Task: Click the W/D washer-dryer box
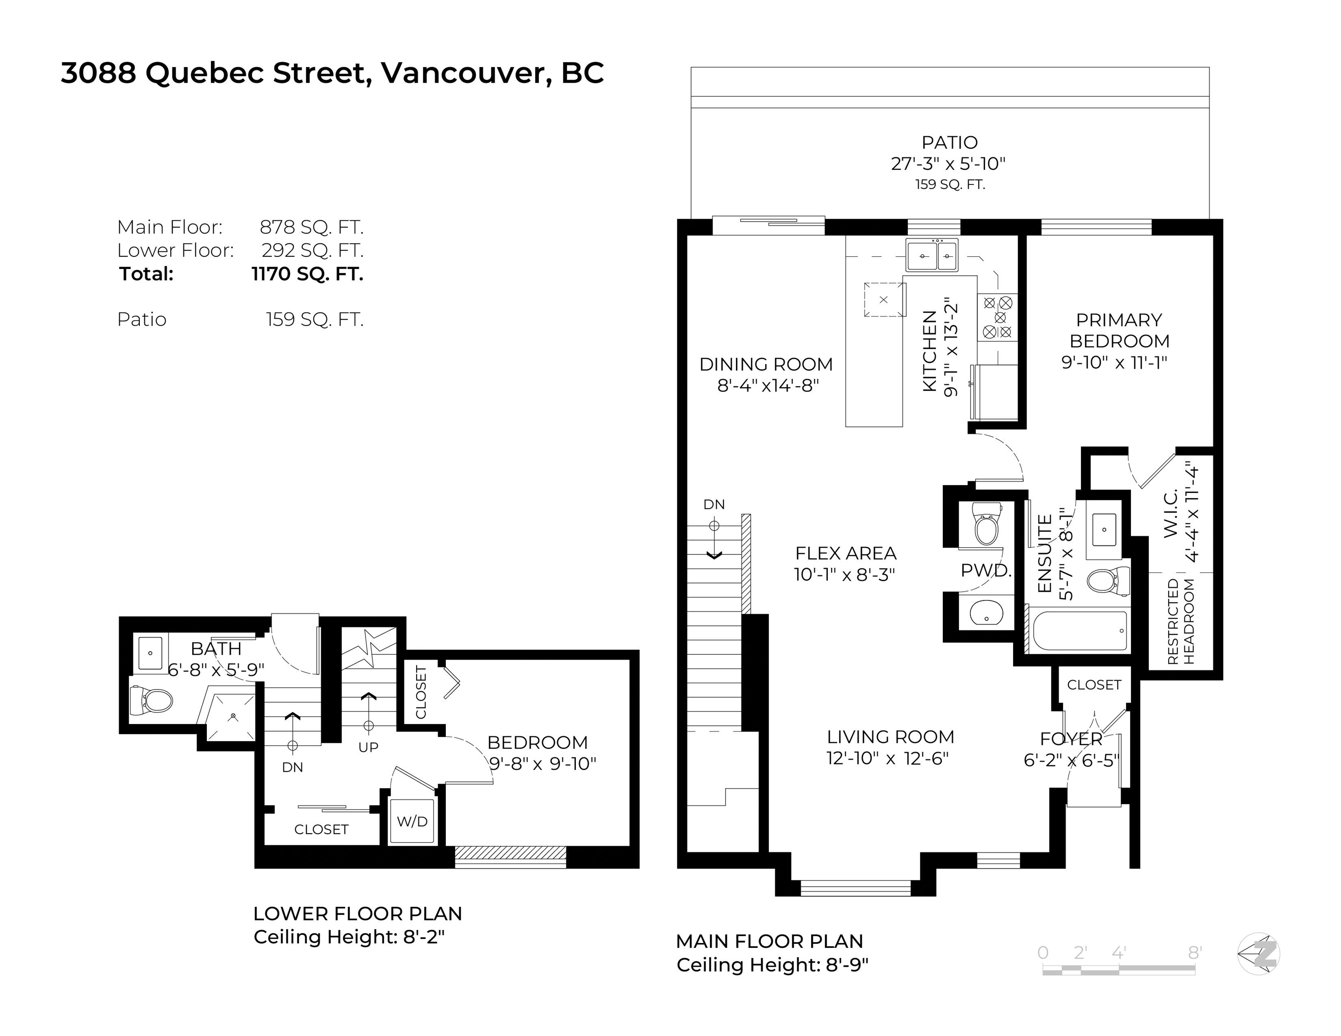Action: [x=412, y=821]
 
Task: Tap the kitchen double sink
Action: [x=932, y=255]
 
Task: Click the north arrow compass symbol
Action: [x=1259, y=954]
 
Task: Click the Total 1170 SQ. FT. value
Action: [x=308, y=274]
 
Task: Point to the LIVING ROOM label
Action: [x=890, y=737]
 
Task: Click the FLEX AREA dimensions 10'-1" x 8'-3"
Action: [x=845, y=575]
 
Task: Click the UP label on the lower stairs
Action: [x=368, y=747]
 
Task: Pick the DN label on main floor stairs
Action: [x=714, y=505]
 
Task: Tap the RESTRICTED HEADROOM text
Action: [x=1181, y=621]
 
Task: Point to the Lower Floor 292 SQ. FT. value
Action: [x=313, y=250]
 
